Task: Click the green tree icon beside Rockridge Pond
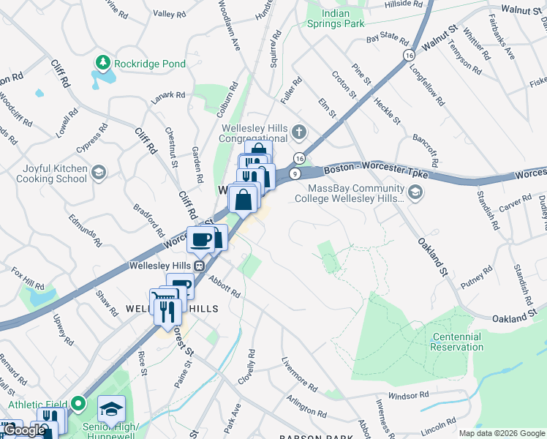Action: [x=103, y=64]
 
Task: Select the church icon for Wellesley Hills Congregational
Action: [x=298, y=132]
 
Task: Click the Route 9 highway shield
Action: [x=294, y=173]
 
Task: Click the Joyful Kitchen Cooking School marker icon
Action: [x=99, y=173]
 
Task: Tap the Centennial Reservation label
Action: [x=456, y=342]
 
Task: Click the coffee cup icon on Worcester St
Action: [x=200, y=239]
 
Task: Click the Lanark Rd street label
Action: [x=169, y=95]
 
